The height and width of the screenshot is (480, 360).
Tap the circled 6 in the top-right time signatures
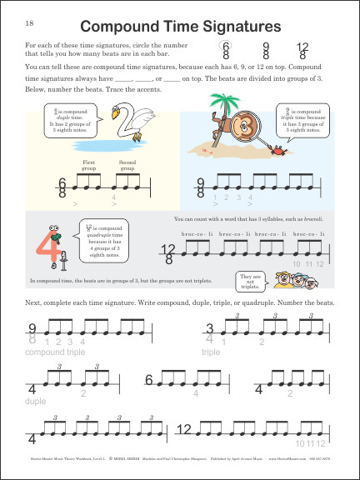coord(223,50)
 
